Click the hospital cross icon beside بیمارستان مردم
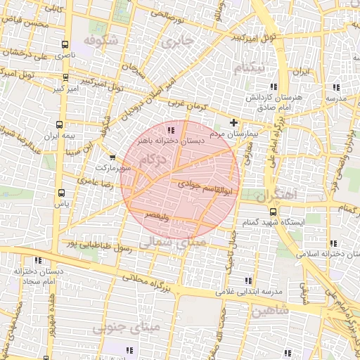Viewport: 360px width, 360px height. (x=233, y=123)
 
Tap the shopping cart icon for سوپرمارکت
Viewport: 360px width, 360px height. (x=112, y=157)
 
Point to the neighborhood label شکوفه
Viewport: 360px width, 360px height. (x=98, y=40)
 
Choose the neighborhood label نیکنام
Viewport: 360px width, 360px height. (x=251, y=68)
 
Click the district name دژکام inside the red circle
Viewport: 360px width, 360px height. (x=155, y=161)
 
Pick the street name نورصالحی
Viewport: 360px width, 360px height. (x=165, y=13)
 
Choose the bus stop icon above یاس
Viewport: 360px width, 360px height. (x=61, y=191)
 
